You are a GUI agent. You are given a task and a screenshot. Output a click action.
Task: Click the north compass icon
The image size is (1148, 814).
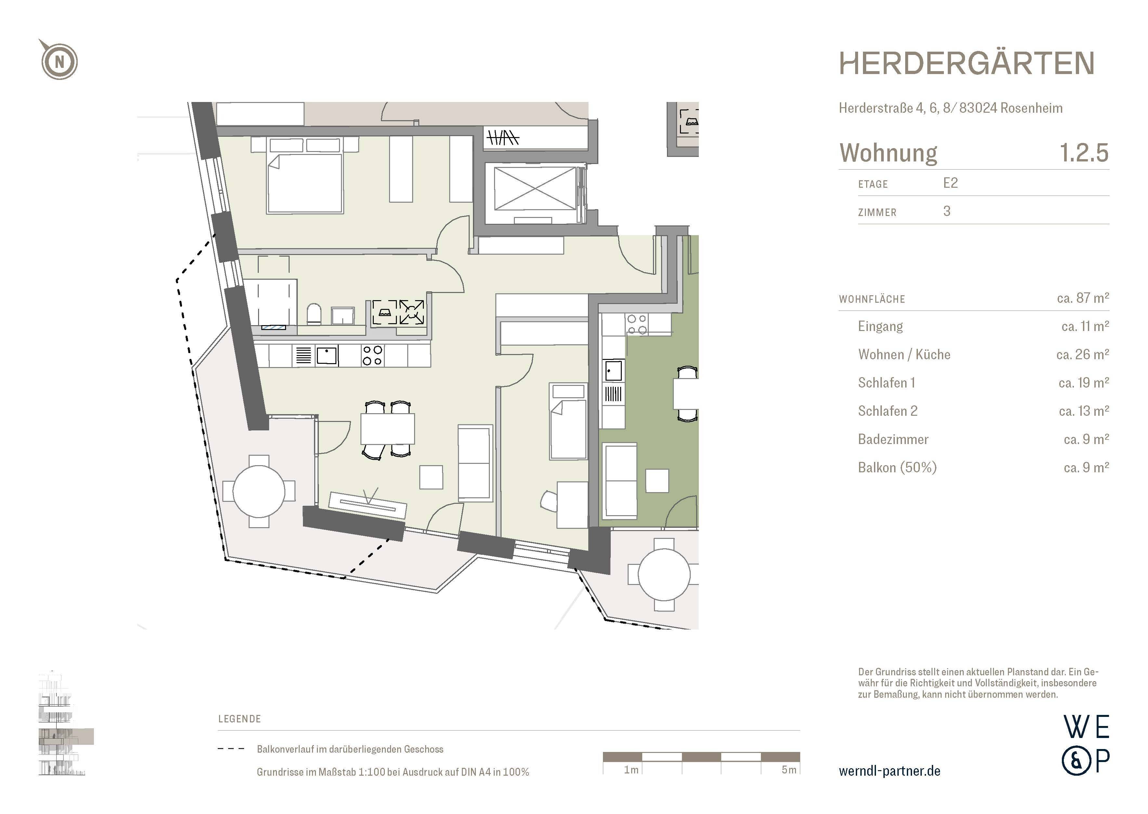(x=59, y=61)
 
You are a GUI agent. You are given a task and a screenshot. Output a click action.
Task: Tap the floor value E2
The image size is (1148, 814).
(x=950, y=183)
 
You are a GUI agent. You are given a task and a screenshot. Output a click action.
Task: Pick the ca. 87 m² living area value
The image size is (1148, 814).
(x=1082, y=298)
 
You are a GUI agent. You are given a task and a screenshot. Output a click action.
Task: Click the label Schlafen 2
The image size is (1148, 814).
(x=887, y=411)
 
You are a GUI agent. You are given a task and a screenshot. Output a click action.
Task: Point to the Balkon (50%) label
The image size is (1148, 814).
(x=897, y=468)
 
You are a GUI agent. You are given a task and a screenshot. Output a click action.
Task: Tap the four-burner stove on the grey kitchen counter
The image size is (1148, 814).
(x=372, y=355)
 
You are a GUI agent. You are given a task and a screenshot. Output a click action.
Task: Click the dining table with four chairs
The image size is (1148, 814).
(x=387, y=429)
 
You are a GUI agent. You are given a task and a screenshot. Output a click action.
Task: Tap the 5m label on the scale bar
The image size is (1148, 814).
(x=789, y=770)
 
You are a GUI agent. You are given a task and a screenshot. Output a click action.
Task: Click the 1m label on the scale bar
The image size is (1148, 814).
(x=631, y=770)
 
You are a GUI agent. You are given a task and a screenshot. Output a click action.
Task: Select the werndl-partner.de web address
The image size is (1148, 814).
(x=889, y=771)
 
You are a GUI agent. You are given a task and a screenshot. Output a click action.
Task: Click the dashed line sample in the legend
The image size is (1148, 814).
(x=231, y=749)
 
